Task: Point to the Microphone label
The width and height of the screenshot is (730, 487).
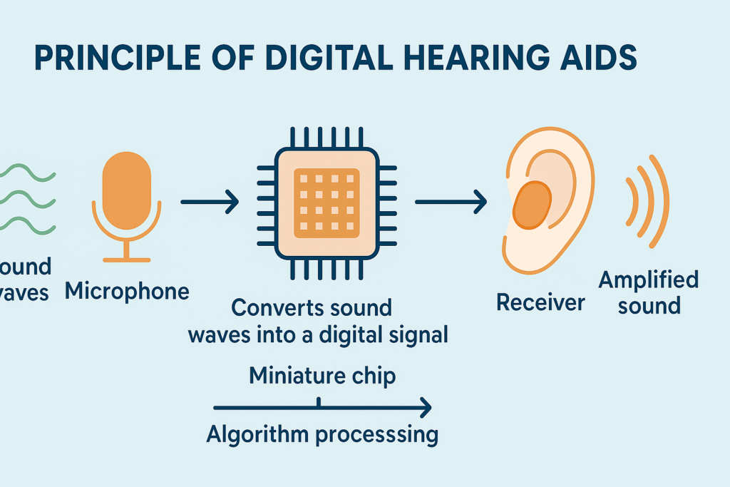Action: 127,291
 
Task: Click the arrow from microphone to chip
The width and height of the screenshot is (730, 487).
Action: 210,203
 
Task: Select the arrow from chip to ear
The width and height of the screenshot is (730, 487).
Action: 451,203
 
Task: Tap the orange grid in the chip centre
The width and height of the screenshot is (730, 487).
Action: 327,203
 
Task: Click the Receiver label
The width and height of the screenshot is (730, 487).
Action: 540,302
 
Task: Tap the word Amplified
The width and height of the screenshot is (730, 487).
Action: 648,280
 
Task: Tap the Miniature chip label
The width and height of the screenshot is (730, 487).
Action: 322,376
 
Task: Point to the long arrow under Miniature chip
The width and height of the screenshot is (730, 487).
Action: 322,408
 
